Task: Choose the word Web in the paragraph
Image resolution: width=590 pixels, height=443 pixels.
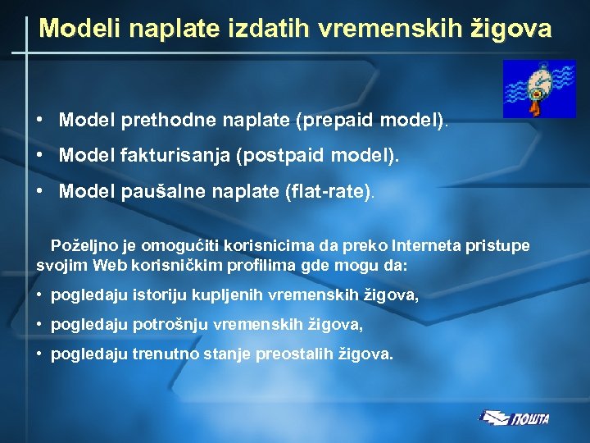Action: click(x=111, y=266)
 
